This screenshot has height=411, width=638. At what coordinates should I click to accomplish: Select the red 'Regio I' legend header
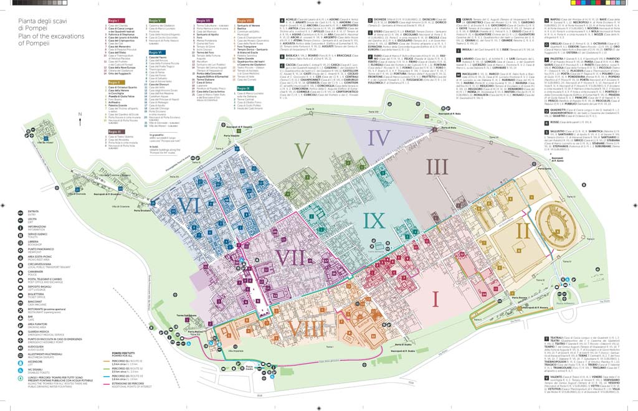point(113,21)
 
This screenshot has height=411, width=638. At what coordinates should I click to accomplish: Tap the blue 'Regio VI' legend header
point(156,52)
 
